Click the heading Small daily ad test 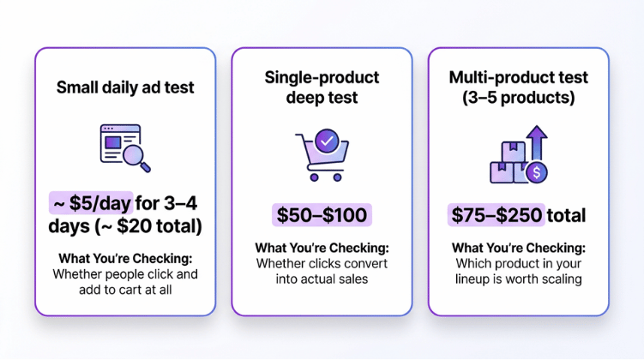click(x=125, y=87)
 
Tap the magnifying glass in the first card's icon click(x=136, y=158)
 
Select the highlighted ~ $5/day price click(x=91, y=203)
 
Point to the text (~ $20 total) click(x=149, y=225)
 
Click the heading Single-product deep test click(x=322, y=87)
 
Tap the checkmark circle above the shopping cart click(x=327, y=141)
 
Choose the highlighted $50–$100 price click(x=322, y=214)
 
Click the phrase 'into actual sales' click(x=322, y=279)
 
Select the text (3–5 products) click(x=518, y=98)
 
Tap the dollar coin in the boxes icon click(x=537, y=172)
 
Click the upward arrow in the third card click(x=537, y=142)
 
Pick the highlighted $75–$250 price click(x=497, y=214)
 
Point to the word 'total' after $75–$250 click(x=566, y=215)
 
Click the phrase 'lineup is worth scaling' click(x=518, y=279)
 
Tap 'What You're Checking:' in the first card click(x=125, y=259)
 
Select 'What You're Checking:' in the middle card click(x=322, y=248)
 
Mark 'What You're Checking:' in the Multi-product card click(x=518, y=248)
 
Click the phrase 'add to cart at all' click(x=125, y=290)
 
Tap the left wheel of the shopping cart click(x=314, y=177)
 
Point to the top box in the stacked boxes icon click(x=513, y=152)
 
